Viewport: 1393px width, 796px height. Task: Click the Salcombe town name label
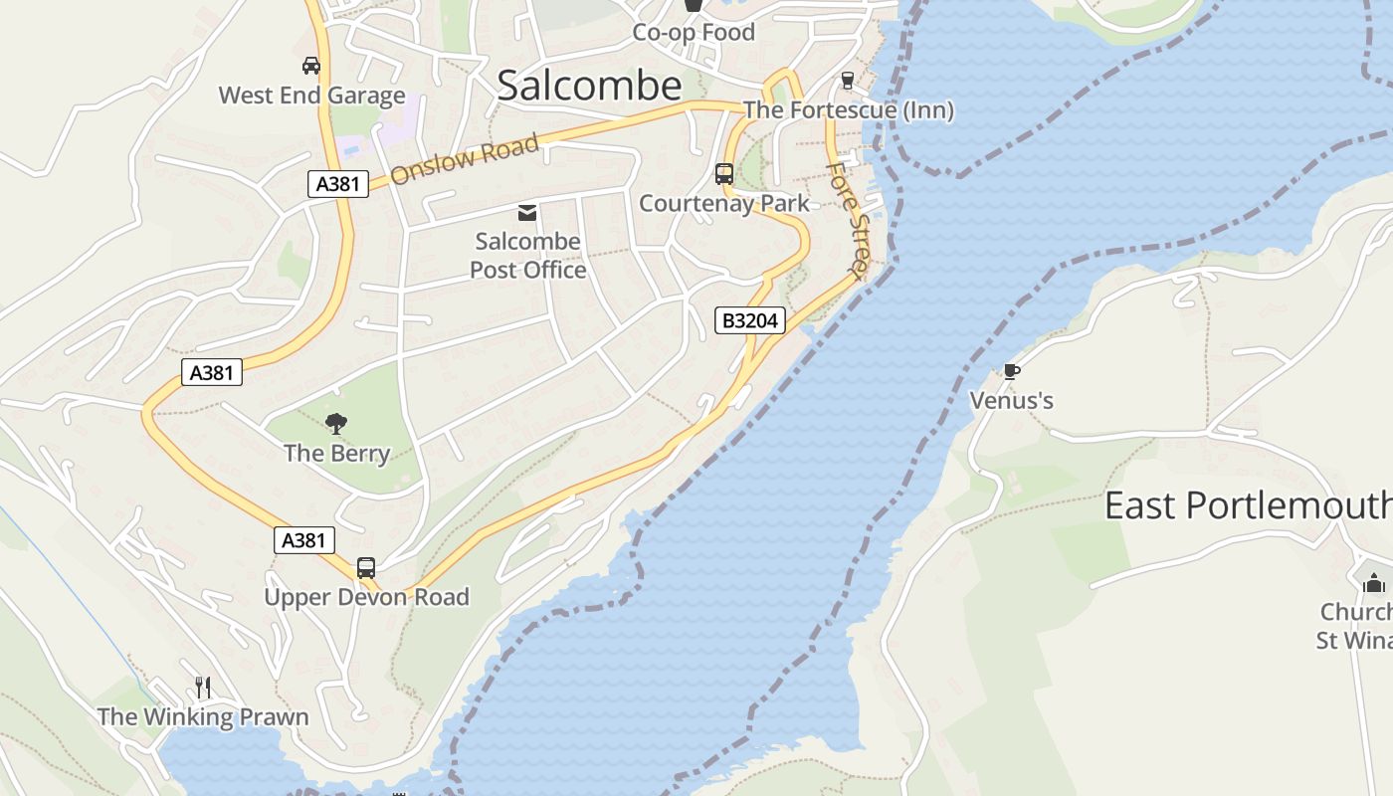coord(589,86)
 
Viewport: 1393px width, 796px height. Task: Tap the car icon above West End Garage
coord(311,66)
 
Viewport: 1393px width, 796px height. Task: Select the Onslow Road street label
coord(465,160)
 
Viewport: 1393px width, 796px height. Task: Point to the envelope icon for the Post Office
coord(527,212)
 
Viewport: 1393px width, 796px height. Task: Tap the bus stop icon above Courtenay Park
coord(724,174)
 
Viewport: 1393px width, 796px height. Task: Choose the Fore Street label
coord(849,217)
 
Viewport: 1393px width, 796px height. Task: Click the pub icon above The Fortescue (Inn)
coord(848,81)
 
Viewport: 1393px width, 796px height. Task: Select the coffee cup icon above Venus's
coord(1012,372)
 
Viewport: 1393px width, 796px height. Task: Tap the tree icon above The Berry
coord(336,424)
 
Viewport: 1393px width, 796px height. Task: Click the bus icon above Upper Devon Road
coord(366,568)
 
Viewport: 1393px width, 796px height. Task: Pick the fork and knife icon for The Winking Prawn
coord(203,688)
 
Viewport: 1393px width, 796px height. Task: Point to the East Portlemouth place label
coord(1248,505)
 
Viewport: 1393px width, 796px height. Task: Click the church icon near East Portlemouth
coord(1374,582)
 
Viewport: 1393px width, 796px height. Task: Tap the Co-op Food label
coord(694,32)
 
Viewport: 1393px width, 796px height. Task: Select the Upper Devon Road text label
coord(366,597)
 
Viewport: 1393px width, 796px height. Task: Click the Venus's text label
coord(1012,401)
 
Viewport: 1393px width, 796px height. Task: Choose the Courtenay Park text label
coord(724,203)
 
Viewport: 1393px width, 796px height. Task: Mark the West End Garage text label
coord(311,96)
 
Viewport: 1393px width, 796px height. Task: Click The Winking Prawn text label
coord(203,716)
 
